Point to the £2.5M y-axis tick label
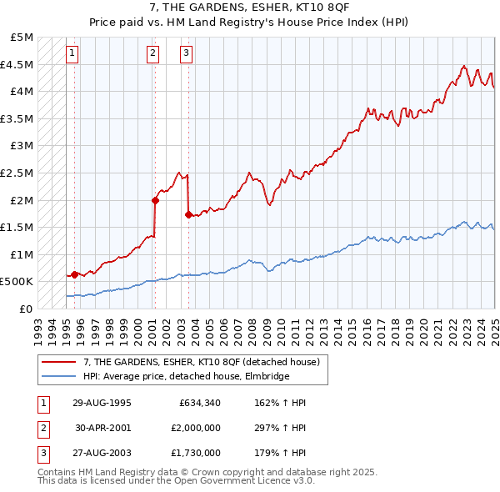point(18,173)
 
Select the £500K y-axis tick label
point(18,282)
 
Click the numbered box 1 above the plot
point(73,54)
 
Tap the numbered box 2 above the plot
point(153,54)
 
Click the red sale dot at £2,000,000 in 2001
point(155,200)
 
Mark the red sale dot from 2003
point(188,214)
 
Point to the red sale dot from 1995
point(75,274)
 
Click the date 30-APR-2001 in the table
point(102,428)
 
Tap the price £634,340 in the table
point(200,403)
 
